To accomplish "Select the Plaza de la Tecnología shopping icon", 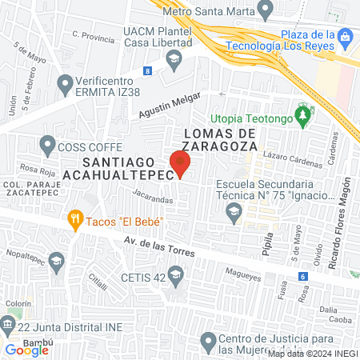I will [x=345, y=37].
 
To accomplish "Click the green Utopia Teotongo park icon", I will [x=302, y=118].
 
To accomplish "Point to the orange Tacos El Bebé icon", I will [x=75, y=217].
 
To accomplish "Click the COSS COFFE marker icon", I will [x=46, y=146].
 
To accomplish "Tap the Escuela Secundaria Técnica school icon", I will [x=234, y=210].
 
